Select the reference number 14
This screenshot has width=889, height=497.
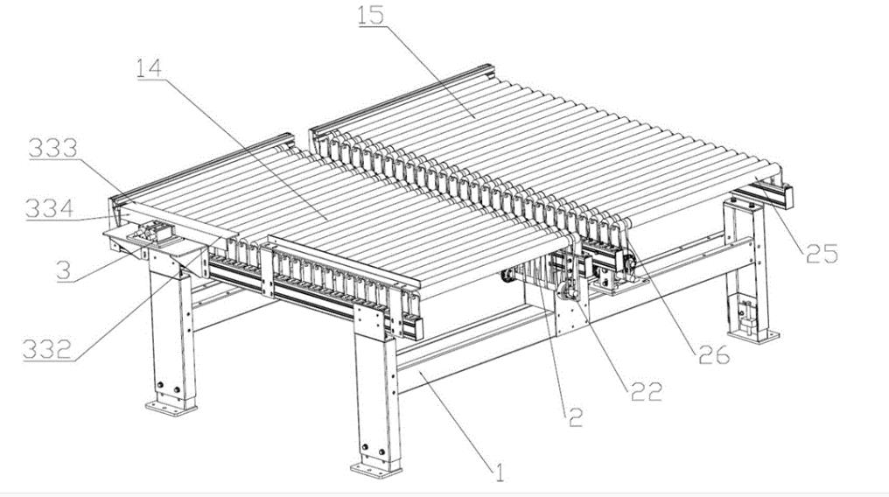pos(149,68)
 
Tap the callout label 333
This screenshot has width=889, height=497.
pos(53,149)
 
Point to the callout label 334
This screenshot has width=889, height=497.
pos(49,209)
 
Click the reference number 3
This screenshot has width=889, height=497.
pos(62,269)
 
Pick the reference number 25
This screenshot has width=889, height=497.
pos(821,254)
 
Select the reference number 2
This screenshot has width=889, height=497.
pos(574,418)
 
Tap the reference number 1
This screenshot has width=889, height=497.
pos(500,473)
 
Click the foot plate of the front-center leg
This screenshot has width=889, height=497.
pos(376,468)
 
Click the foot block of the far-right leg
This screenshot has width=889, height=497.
pos(751,332)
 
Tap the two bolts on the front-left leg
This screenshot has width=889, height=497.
pos(166,387)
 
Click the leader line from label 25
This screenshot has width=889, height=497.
pos(770,218)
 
